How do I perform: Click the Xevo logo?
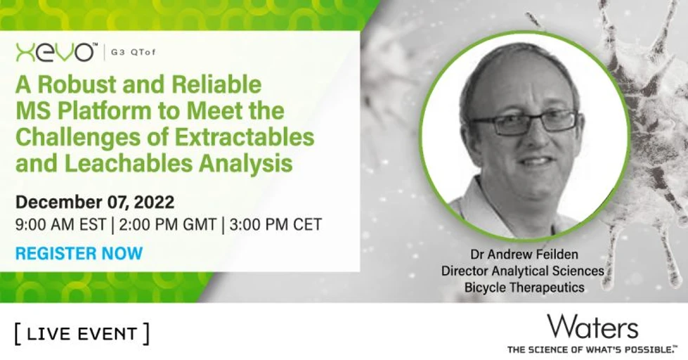pyautogui.click(x=55, y=52)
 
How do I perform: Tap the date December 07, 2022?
pyautogui.click(x=95, y=202)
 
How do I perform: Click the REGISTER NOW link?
pyautogui.click(x=79, y=253)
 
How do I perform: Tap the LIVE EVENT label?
pyautogui.click(x=82, y=333)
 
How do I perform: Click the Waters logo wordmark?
pyautogui.click(x=592, y=326)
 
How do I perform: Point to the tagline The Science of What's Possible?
pyautogui.click(x=592, y=348)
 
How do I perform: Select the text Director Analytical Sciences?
pyautogui.click(x=523, y=271)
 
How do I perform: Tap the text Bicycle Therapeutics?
pyautogui.click(x=524, y=287)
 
